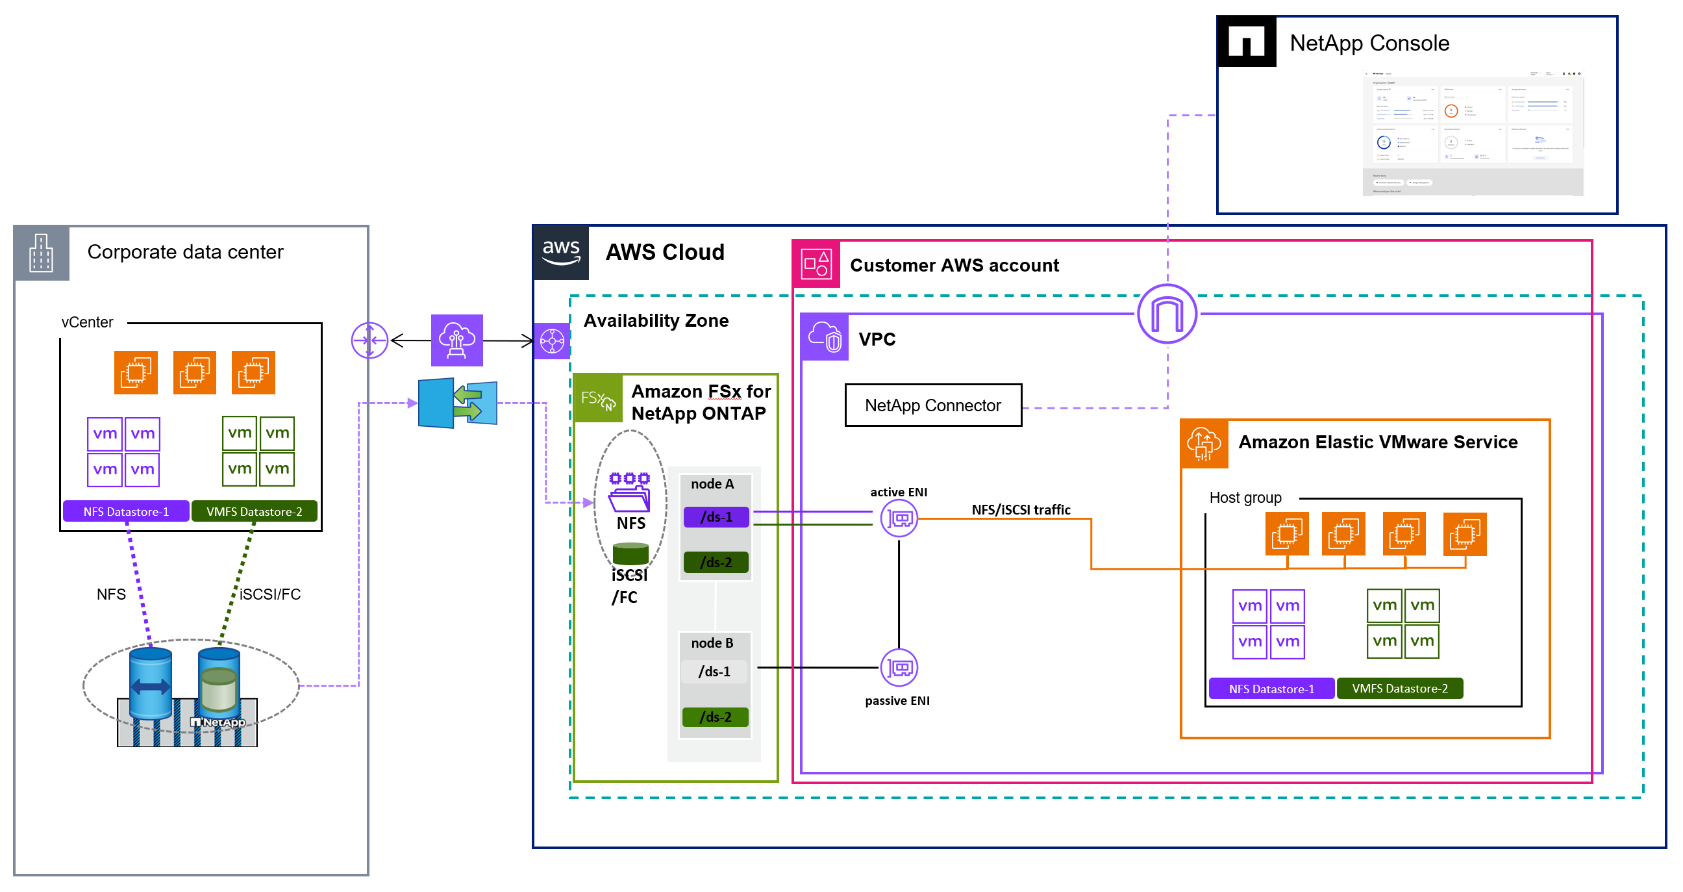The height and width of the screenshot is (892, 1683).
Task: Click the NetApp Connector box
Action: [x=932, y=405]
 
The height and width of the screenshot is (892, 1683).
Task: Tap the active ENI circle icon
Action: [x=899, y=518]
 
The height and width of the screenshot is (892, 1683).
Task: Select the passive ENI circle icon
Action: [x=899, y=667]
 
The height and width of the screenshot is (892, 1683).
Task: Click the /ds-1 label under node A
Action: [x=716, y=517]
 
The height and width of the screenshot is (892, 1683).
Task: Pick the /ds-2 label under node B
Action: [x=715, y=717]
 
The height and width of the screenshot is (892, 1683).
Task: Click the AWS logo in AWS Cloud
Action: [x=560, y=252]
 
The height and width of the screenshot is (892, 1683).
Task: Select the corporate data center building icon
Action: [x=41, y=253]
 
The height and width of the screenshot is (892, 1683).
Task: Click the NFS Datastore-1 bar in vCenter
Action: [x=126, y=511]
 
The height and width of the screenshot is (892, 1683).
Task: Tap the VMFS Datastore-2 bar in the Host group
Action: [x=1399, y=688]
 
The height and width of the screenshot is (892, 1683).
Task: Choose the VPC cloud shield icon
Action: [x=825, y=337]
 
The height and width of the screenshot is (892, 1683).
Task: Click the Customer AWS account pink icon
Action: [x=816, y=264]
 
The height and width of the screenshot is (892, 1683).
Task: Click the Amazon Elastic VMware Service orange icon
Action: [x=1203, y=444]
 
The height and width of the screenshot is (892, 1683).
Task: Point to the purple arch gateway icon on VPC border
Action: [x=1166, y=314]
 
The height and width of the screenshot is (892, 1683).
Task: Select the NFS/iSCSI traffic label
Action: [x=1021, y=510]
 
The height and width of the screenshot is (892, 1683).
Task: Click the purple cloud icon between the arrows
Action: [x=456, y=340]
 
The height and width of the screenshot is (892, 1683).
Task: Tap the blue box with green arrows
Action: [x=457, y=403]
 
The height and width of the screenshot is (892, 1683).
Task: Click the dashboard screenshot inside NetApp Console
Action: [x=1473, y=133]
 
